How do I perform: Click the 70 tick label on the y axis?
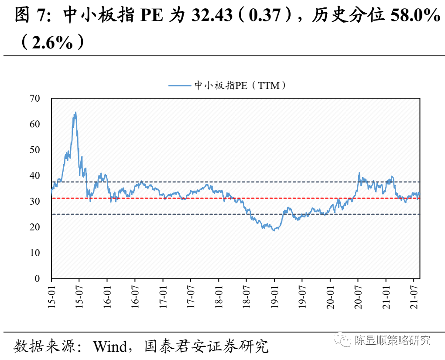pyautogui.click(x=34, y=99)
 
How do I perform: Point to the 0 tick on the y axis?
pyautogui.click(x=37, y=279)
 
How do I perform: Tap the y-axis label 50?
pyautogui.click(x=34, y=150)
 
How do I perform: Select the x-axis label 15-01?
pyautogui.click(x=51, y=296)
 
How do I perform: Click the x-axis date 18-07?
pyautogui.click(x=246, y=296)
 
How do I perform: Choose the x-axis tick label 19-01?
pyautogui.click(x=274, y=296)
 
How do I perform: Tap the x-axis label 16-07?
pyautogui.click(x=135, y=296)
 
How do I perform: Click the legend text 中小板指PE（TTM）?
pyautogui.click(x=240, y=86)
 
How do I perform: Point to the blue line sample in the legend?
pyautogui.click(x=180, y=86)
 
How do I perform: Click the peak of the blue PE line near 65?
pyautogui.click(x=75, y=112)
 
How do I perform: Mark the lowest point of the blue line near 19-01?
pyautogui.click(x=274, y=230)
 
